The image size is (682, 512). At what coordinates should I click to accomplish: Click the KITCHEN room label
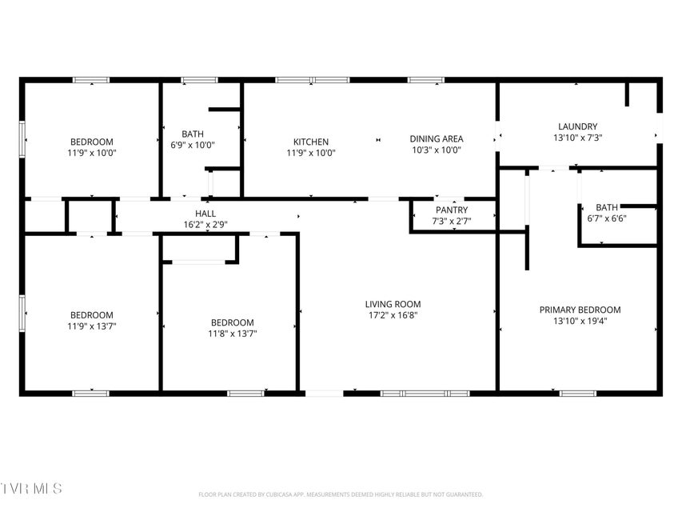tap(310, 142)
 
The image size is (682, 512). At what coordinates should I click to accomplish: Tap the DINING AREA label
tap(437, 139)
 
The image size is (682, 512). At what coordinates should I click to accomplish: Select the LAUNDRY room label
tap(577, 126)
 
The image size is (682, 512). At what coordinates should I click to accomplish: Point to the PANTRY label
tap(452, 210)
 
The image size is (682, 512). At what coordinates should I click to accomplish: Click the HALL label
tap(205, 214)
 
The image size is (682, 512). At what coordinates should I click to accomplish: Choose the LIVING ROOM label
tap(393, 304)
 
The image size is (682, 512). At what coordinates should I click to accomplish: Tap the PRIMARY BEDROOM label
tap(580, 310)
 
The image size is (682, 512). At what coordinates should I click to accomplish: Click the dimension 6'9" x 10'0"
tap(192, 145)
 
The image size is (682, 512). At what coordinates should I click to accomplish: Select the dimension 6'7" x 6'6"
tap(607, 218)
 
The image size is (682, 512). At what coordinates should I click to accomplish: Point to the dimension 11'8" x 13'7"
tap(232, 334)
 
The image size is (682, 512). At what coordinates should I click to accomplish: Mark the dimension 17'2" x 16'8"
tap(393, 315)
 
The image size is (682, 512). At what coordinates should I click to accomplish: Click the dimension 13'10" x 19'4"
tap(580, 322)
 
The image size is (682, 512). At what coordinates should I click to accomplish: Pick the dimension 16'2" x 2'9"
tap(205, 225)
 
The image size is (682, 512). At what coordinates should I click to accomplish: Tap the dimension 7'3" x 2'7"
tap(452, 221)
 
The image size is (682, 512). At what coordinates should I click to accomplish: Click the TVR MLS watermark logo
tap(31, 488)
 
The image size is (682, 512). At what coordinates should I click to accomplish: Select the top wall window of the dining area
tap(426, 80)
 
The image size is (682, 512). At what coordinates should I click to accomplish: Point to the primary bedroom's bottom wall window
tap(577, 394)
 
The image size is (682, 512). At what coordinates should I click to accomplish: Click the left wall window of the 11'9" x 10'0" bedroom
tap(22, 139)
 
